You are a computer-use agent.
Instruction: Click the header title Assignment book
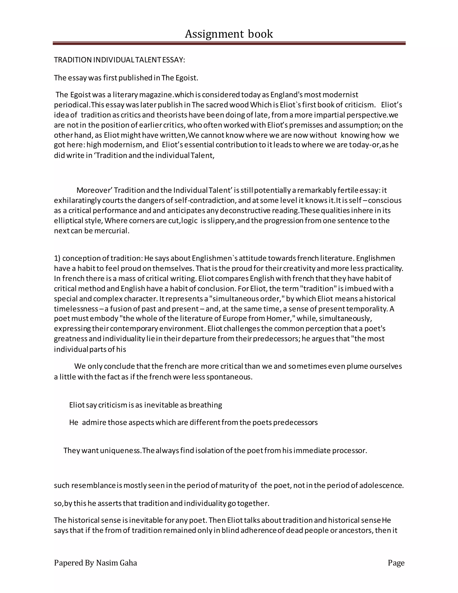[229, 34]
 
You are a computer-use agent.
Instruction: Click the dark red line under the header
[229, 43]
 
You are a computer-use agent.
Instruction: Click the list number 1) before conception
[57, 258]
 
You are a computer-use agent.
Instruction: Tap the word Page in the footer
[396, 563]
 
